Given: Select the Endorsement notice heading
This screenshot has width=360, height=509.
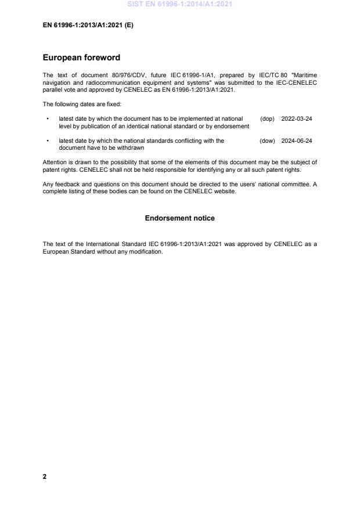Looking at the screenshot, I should [x=179, y=218].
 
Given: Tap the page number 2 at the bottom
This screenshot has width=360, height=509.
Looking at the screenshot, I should [x=45, y=476].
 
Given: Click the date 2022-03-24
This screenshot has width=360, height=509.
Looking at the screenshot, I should [x=297, y=118].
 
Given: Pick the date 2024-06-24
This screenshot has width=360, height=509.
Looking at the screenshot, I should [x=297, y=140].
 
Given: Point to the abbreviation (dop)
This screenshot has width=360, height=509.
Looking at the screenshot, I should [x=267, y=118].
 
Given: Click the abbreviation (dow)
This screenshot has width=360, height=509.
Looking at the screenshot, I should [x=267, y=140].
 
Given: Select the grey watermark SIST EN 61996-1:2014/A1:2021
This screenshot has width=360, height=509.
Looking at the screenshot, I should [x=179, y=5].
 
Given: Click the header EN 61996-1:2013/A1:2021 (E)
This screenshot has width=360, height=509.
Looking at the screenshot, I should [x=88, y=25].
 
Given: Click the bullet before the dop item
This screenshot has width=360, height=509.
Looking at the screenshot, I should [x=46, y=118].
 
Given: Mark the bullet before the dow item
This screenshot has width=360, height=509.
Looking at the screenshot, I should [x=46, y=140].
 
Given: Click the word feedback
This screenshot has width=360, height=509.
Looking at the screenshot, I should [x=67, y=184].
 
